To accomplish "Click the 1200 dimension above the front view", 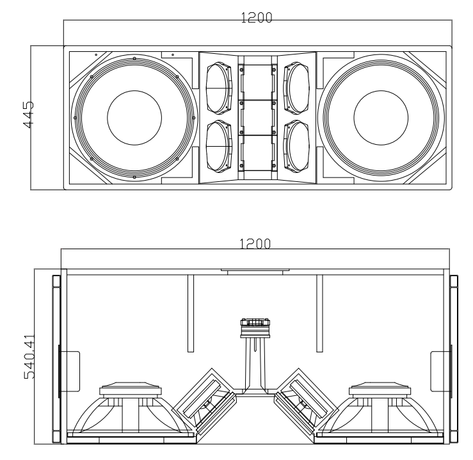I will pyautogui.click(x=256, y=18).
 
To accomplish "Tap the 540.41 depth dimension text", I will pyautogui.click(x=29, y=355).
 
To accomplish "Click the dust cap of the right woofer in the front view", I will pyautogui.click(x=381, y=117).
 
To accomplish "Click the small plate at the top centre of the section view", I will pyautogui.click(x=255, y=271).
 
